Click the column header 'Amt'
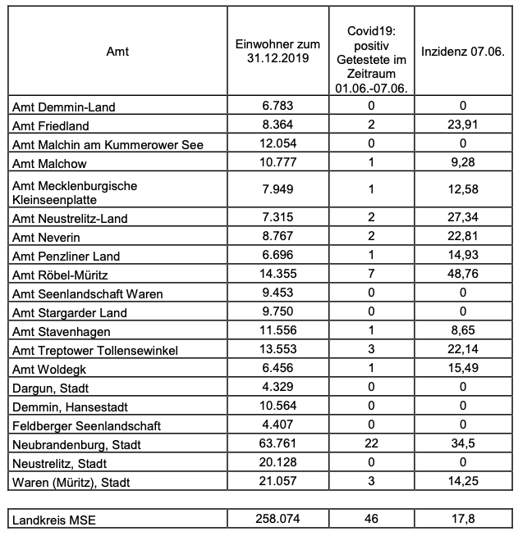point(117,52)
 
